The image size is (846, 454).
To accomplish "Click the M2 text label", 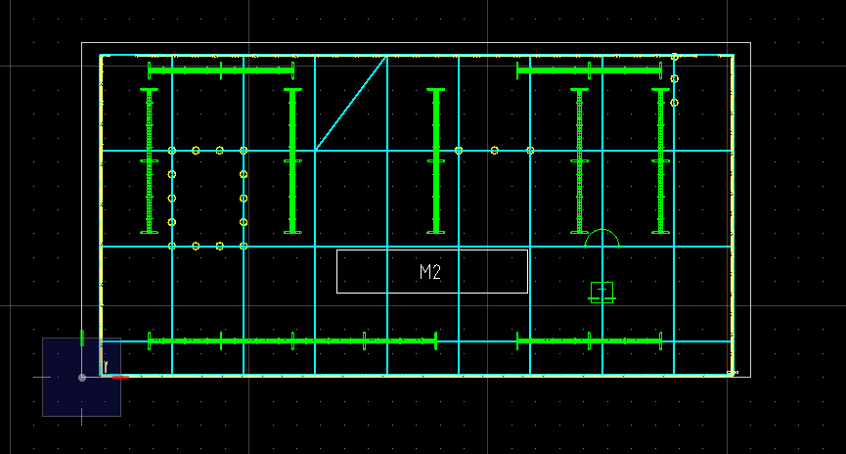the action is tap(430, 272).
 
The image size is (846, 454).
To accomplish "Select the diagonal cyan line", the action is tap(351, 103).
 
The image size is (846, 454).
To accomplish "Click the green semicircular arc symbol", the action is tap(602, 239).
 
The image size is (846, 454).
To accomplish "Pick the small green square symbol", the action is tap(601, 293).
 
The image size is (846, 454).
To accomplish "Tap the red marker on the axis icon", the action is tap(121, 378).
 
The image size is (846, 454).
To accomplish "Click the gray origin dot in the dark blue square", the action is tap(82, 378).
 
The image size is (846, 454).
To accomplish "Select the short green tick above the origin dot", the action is tap(82, 338).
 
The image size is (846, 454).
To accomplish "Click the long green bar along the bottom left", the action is tap(292, 341).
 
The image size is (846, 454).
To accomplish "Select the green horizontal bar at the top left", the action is tap(221, 70).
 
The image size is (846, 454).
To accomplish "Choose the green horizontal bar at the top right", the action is tap(589, 70).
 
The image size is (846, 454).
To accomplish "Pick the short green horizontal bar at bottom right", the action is tap(589, 341).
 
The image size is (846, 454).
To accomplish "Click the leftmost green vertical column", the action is tap(149, 160).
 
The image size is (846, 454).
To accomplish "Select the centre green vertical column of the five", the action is tap(436, 160).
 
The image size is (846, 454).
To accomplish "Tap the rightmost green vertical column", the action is tap(660, 160).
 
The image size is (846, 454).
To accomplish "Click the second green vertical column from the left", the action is tap(292, 160).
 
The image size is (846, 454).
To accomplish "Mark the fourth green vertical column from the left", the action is tap(579, 160).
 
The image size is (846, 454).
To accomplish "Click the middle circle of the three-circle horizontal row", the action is tap(494, 151).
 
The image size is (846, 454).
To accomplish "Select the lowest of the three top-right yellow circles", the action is tap(674, 103).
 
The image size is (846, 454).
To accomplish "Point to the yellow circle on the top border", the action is tap(675, 56).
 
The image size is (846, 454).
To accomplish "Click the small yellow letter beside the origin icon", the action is tap(106, 367).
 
